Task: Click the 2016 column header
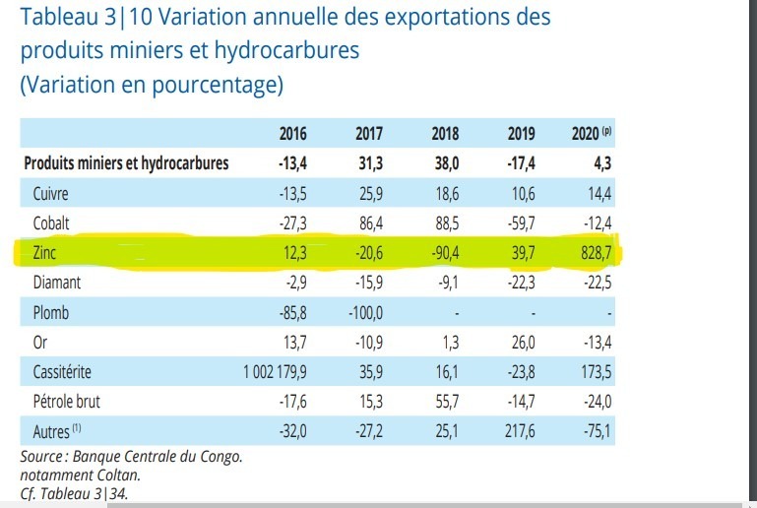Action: click(292, 134)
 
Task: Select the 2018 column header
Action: click(445, 134)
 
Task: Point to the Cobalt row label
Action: click(51, 222)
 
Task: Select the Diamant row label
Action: click(56, 283)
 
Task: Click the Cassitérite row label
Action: click(64, 371)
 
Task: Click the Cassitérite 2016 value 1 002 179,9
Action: click(276, 371)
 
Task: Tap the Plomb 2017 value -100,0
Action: click(364, 312)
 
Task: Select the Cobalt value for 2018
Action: click(447, 222)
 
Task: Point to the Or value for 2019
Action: click(522, 342)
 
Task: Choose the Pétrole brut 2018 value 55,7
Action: click(447, 401)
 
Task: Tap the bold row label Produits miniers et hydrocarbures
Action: click(125, 163)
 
